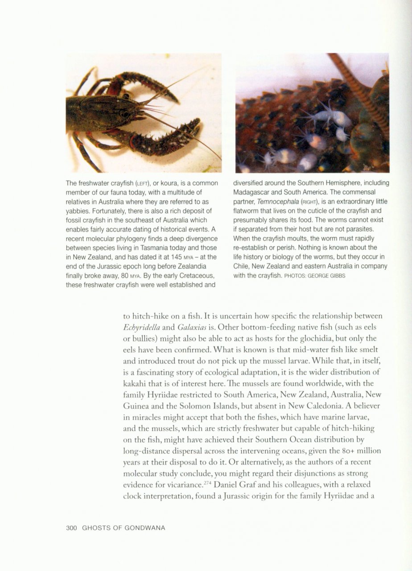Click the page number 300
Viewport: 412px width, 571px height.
(71, 528)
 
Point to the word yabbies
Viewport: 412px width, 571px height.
(78, 211)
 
